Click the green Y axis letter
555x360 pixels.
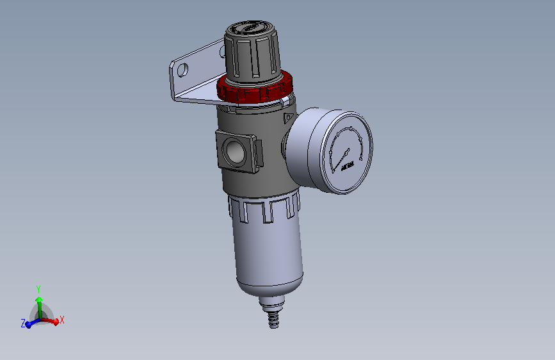(x=38, y=289)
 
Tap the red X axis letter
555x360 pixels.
(x=62, y=320)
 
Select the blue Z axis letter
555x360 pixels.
(x=23, y=324)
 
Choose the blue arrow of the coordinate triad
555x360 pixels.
(x=30, y=323)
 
